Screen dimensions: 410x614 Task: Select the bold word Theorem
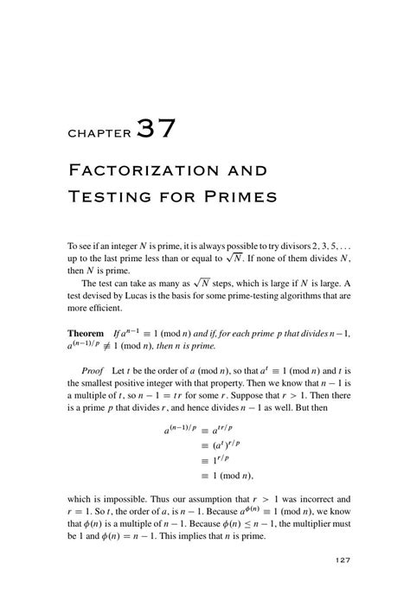click(86, 334)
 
